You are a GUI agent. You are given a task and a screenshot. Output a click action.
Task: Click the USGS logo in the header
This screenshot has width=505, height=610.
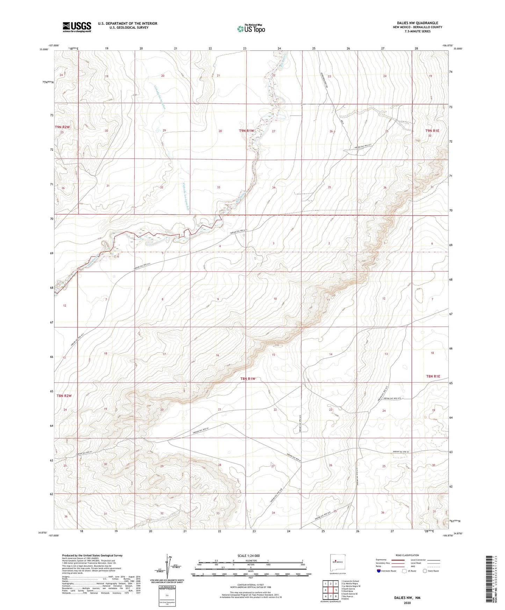point(77,27)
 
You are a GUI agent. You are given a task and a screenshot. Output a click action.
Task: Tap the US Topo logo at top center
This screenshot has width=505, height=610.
point(251,28)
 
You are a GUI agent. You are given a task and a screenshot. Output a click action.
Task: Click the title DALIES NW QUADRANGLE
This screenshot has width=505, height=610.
point(417,23)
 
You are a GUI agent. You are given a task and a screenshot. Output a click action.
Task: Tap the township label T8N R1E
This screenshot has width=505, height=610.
point(433,376)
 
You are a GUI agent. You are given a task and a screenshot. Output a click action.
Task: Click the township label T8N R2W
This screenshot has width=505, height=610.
point(64,396)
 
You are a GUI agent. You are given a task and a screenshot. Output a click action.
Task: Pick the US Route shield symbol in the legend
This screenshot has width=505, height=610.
point(405,571)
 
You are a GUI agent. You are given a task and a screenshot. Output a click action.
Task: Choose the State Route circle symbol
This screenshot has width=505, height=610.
point(425,571)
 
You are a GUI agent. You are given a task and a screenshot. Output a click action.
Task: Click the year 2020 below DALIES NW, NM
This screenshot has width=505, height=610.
point(407,603)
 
